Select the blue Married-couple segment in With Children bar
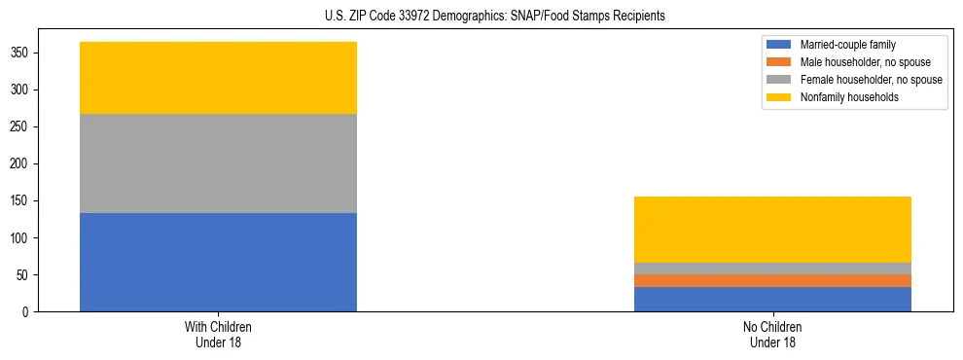coord(218,262)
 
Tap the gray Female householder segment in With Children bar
coord(218,163)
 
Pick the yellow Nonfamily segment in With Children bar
coord(218,78)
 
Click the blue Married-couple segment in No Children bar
coord(772,299)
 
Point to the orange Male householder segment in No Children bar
coord(772,280)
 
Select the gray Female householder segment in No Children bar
coord(772,269)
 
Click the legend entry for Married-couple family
coord(847,45)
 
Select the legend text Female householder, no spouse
coord(871,80)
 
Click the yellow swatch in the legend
coord(779,97)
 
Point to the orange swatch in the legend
coord(779,62)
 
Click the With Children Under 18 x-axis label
coord(218,334)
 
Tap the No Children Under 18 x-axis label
coord(772,334)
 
